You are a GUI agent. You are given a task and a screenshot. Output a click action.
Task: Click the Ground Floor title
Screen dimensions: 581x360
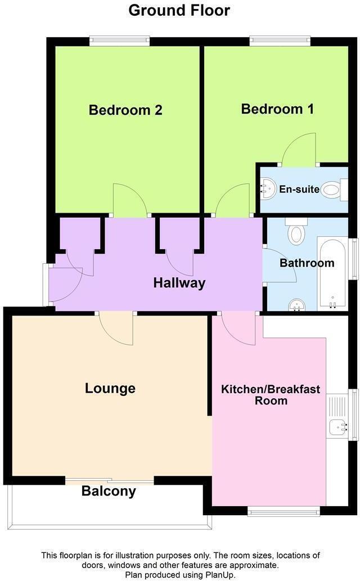coord(179,10)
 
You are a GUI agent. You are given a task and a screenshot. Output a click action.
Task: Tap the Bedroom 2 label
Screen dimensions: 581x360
coord(125,110)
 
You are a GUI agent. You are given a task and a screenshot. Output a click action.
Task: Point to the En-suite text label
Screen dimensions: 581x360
coord(299,190)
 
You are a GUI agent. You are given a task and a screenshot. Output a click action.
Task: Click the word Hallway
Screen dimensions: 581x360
coord(179,283)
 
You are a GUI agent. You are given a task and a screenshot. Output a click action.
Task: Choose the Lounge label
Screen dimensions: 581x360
coord(110,388)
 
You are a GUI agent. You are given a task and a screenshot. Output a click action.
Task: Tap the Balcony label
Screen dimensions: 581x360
coord(109,491)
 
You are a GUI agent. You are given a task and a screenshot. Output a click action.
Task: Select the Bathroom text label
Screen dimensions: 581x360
coord(307,263)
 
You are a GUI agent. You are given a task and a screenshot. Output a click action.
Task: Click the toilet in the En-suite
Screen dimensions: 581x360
coord(333,190)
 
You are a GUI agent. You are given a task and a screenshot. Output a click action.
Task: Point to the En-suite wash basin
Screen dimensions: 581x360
coord(267,189)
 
